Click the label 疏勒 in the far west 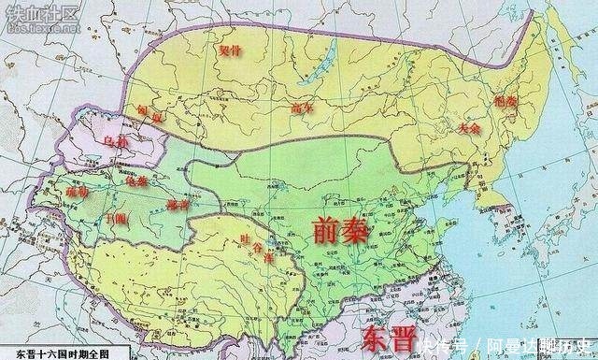[x=78, y=190]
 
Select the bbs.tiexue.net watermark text [x=36, y=29]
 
